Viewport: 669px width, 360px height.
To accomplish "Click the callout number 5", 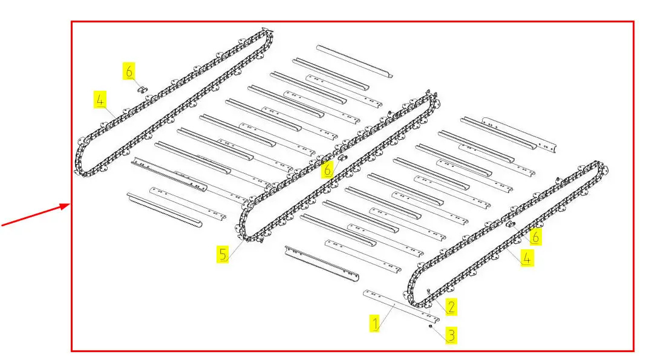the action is pos(223,254).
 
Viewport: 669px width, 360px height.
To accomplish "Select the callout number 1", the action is pos(374,323).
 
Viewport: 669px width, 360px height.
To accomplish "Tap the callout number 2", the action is pos(451,306).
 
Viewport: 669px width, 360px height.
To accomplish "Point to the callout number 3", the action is pos(451,335).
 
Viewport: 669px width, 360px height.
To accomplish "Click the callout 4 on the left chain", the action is pos(100,100).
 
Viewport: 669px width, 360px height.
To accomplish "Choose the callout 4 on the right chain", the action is pos(526,258).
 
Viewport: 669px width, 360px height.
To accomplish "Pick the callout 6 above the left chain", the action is pos(129,71).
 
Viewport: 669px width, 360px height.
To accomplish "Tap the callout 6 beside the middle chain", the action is pos(327,170).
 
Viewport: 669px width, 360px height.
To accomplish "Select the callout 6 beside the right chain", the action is pos(535,237).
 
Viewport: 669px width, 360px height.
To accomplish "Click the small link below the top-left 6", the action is pos(143,89).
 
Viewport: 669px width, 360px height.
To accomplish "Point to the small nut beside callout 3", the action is pos(431,327).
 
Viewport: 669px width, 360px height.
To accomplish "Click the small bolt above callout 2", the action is pos(428,291).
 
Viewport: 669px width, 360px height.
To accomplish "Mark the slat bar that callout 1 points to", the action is pos(401,306).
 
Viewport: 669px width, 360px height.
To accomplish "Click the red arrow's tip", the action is pos(70,205).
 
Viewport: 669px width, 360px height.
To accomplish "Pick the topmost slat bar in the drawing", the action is pos(354,62).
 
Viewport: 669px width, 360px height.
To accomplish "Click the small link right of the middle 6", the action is pos(342,158).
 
